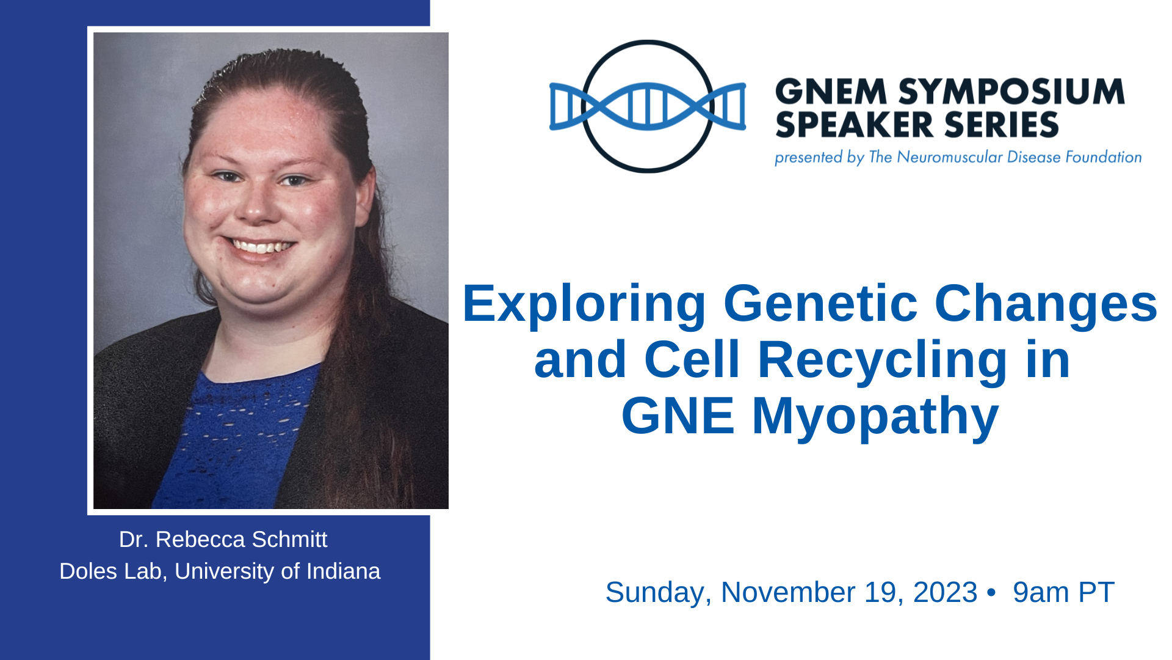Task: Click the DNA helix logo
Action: click(647, 106)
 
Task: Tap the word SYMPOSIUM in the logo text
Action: click(1011, 92)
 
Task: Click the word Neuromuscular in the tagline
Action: click(949, 157)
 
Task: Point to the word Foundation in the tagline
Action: click(1104, 157)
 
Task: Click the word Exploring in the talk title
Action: click(584, 304)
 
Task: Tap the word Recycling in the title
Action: click(883, 361)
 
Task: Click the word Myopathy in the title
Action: click(875, 417)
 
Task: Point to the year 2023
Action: click(945, 592)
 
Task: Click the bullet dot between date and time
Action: click(991, 593)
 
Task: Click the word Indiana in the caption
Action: click(343, 571)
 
